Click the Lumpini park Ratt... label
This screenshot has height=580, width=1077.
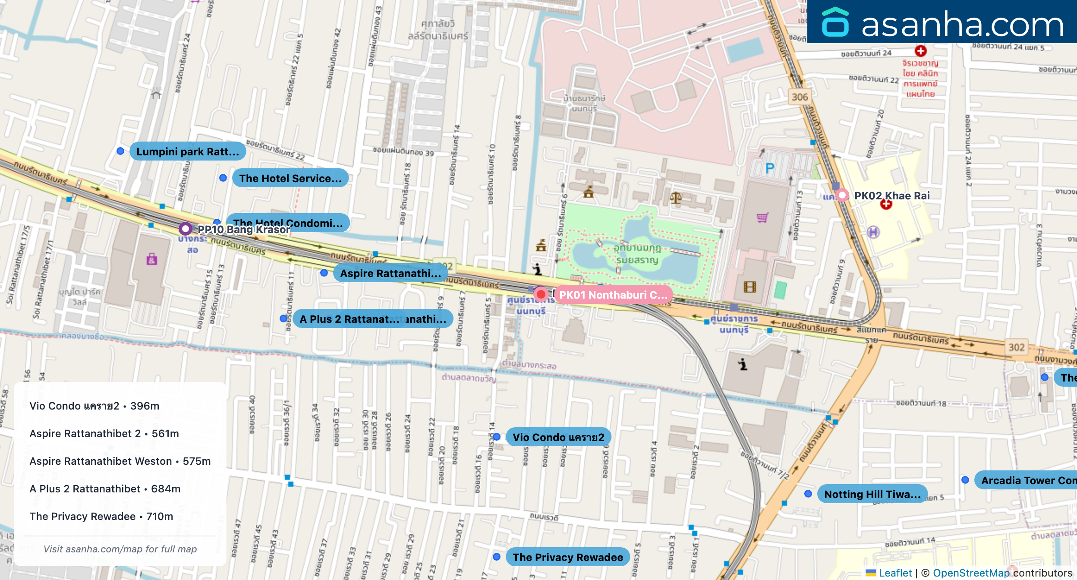pos(187,151)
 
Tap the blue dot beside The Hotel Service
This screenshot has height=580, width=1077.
pos(223,178)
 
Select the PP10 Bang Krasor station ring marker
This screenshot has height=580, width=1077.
pos(186,228)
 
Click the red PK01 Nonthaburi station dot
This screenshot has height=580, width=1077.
pos(541,295)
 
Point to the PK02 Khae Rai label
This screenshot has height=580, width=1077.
pos(891,195)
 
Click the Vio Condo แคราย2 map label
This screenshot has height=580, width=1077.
pos(558,437)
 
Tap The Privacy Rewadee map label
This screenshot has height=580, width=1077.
pos(567,557)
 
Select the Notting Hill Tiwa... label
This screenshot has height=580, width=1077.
pos(872,494)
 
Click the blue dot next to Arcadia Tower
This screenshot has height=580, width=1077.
pos(965,480)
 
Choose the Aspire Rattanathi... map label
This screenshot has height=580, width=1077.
pos(390,273)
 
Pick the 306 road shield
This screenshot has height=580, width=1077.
pos(800,97)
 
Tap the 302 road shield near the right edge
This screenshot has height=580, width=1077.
pos(1016,347)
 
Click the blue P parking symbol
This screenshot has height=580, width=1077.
pos(769,168)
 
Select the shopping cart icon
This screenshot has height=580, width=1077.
pos(762,217)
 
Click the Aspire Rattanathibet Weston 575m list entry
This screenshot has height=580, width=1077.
pos(120,461)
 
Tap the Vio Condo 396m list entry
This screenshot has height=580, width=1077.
pos(94,406)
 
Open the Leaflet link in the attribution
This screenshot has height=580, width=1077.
pos(895,573)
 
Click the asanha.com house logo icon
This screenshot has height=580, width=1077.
pos(835,22)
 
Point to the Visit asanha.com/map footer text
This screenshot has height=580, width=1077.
pos(120,549)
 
